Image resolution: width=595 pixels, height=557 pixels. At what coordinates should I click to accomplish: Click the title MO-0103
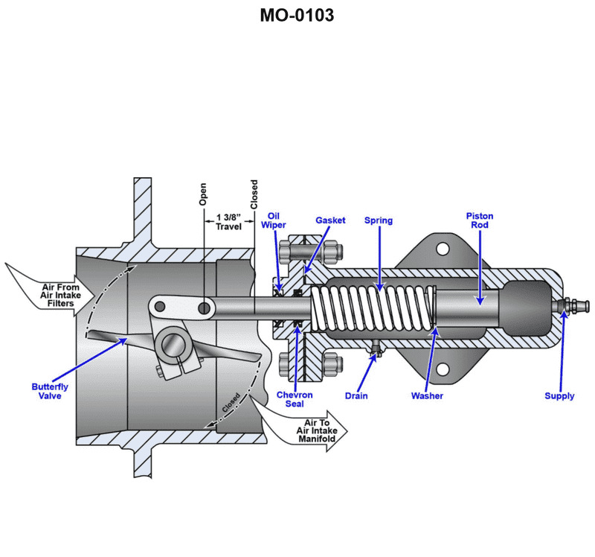(x=297, y=15)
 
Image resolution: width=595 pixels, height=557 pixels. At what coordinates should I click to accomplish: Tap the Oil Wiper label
(x=273, y=221)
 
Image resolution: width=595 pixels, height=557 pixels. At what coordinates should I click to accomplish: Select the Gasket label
(x=330, y=220)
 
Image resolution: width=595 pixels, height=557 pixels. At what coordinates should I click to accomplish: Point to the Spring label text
(x=379, y=220)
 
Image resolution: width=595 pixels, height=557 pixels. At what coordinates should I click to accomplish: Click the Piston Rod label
(x=480, y=221)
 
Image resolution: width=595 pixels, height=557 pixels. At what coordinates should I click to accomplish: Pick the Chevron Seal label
(x=295, y=400)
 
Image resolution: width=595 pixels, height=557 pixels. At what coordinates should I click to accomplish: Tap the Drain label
(x=356, y=395)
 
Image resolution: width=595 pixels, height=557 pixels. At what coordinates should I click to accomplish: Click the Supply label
(x=559, y=396)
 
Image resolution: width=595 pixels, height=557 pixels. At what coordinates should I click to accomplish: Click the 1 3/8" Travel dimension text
(x=229, y=222)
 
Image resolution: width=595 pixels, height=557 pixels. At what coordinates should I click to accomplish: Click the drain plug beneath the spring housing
(x=376, y=351)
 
